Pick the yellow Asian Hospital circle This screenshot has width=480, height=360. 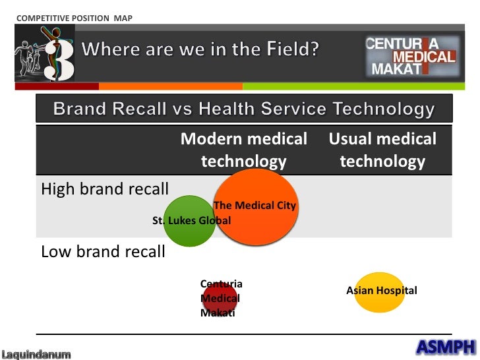[380, 291]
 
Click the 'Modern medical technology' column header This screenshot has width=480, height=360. [244, 150]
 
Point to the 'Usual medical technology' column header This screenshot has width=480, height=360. [382, 150]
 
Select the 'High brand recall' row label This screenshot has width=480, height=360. [105, 189]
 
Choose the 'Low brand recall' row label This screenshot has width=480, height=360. [103, 252]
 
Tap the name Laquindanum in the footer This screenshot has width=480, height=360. [36, 355]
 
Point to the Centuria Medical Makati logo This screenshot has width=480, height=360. [412, 57]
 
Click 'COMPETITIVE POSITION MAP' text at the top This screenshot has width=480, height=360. [73, 17]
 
